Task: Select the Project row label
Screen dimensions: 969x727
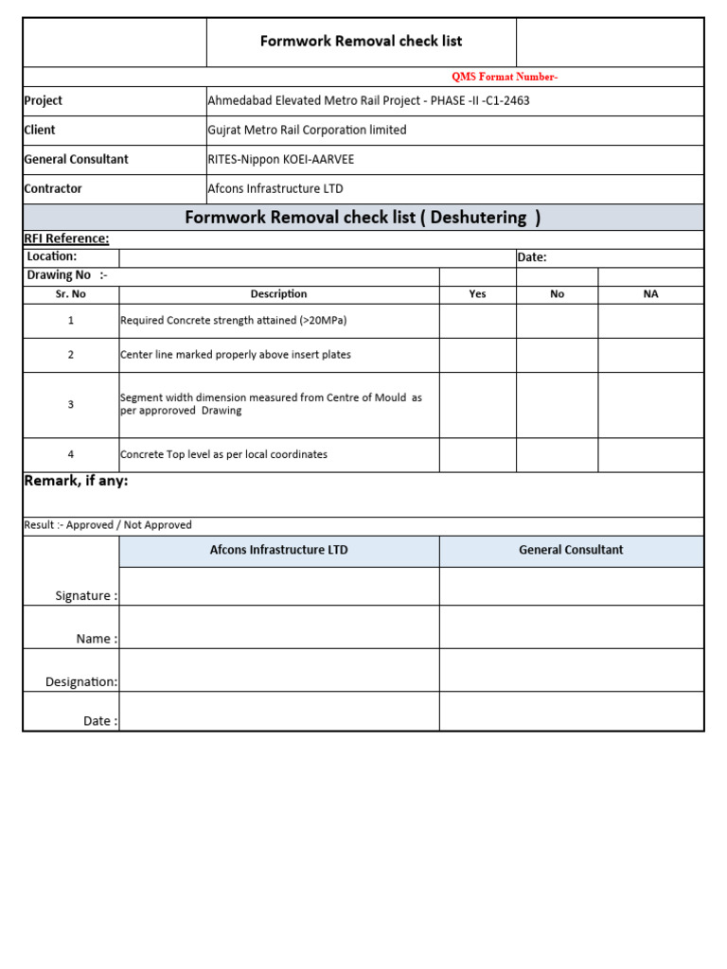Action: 44,100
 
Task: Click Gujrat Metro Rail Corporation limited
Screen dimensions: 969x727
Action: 307,130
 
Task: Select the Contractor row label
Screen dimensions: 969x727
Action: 53,188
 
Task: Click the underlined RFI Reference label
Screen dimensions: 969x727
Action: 66,238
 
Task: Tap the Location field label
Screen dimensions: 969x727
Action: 52,256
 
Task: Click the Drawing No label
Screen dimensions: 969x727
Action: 67,274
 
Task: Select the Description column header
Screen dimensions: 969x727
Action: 278,293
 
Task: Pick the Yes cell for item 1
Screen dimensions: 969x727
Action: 477,321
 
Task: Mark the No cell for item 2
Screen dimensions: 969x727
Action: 557,355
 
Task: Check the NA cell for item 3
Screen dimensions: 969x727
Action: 650,405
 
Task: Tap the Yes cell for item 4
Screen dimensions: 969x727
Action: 477,455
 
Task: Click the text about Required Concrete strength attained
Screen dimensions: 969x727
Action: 234,321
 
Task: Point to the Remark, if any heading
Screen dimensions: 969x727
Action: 76,482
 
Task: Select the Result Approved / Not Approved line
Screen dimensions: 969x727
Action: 108,525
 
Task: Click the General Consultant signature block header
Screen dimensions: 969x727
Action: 571,550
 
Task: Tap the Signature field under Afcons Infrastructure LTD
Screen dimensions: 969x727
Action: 278,586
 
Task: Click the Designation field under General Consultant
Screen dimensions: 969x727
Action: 571,670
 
